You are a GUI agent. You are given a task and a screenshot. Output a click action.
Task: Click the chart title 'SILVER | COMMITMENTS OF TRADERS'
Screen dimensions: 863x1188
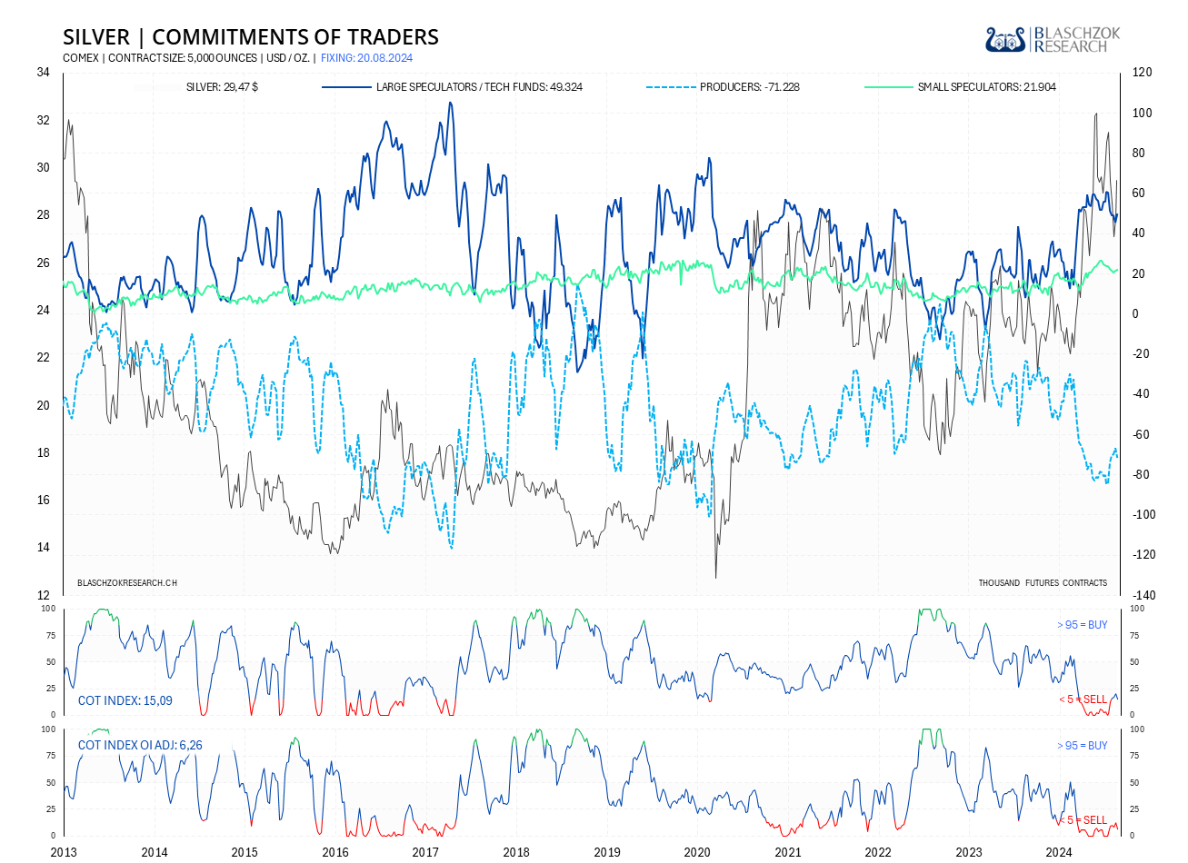tap(251, 37)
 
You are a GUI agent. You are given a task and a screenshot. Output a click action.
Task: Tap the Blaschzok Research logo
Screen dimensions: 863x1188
tap(1053, 39)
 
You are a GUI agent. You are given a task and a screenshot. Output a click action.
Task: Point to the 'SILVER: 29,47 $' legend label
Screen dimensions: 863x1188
tap(222, 87)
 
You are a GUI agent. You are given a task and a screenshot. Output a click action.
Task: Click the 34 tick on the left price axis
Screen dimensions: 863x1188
tap(43, 73)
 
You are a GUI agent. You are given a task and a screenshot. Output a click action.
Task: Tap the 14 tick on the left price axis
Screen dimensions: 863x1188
tap(43, 548)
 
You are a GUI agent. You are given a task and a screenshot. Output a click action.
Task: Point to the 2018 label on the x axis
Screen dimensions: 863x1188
tap(516, 852)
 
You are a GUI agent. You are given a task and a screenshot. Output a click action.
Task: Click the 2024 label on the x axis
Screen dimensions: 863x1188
tap(1059, 852)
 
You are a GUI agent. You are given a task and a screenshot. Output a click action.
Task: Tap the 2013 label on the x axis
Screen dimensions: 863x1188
tap(64, 852)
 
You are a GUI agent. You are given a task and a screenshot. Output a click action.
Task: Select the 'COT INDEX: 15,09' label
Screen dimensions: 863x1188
tap(125, 700)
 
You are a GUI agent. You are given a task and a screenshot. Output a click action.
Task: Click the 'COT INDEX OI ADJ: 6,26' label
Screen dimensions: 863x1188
tap(140, 745)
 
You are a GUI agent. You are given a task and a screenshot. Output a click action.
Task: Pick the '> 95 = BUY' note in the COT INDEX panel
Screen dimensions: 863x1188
tap(1083, 625)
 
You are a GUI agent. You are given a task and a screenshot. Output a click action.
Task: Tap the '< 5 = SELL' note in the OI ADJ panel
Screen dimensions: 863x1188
tap(1083, 820)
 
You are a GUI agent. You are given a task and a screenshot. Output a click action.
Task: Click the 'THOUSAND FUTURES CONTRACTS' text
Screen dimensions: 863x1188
tap(1043, 582)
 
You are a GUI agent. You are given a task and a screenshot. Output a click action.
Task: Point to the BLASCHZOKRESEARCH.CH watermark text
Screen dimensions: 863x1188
tap(127, 582)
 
